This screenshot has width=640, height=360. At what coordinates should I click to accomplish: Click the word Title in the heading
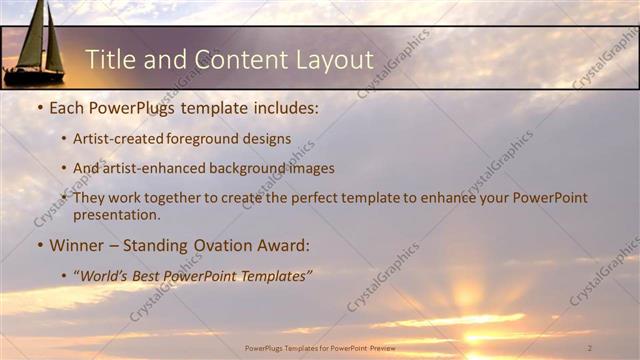tap(110, 59)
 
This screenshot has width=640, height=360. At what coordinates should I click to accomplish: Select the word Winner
tap(77, 244)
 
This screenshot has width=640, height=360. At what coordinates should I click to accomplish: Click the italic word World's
tap(106, 275)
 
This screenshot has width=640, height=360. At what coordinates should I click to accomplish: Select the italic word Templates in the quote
tap(273, 275)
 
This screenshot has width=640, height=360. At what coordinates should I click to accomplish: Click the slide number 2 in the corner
tap(589, 347)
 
